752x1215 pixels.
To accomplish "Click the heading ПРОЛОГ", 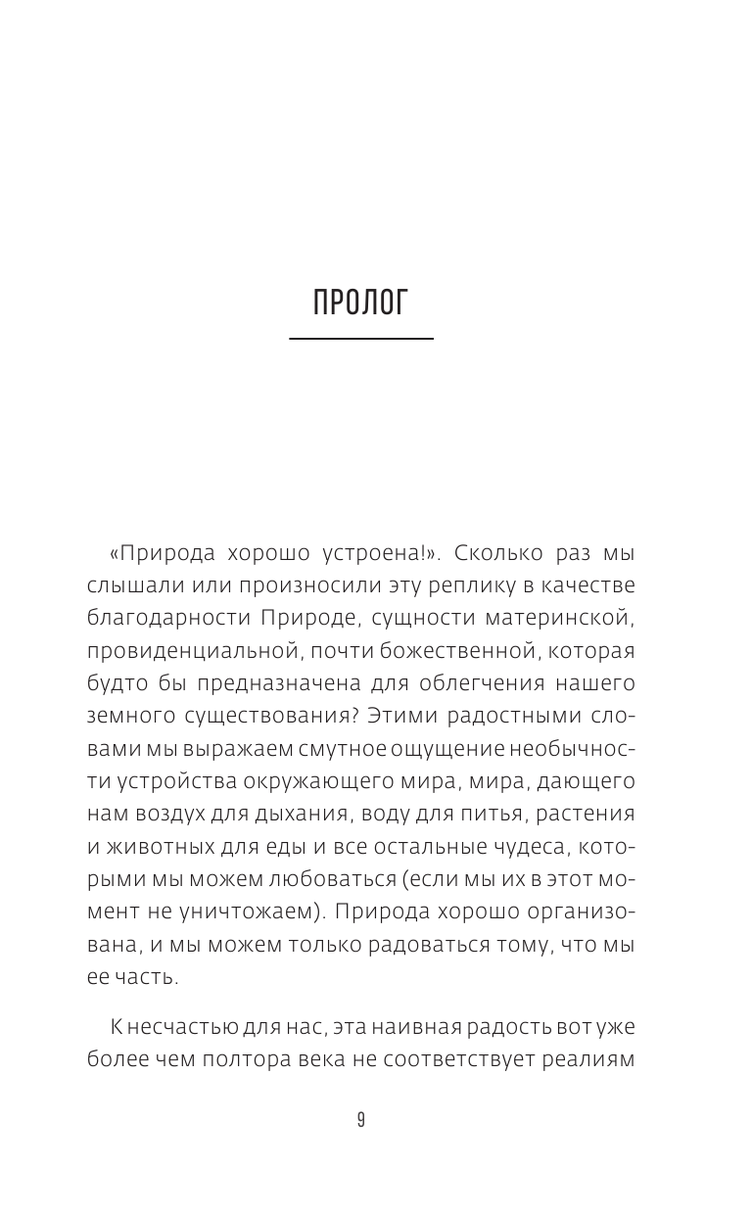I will tap(360, 304).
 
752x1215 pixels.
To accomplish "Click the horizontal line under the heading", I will tap(360, 339).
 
